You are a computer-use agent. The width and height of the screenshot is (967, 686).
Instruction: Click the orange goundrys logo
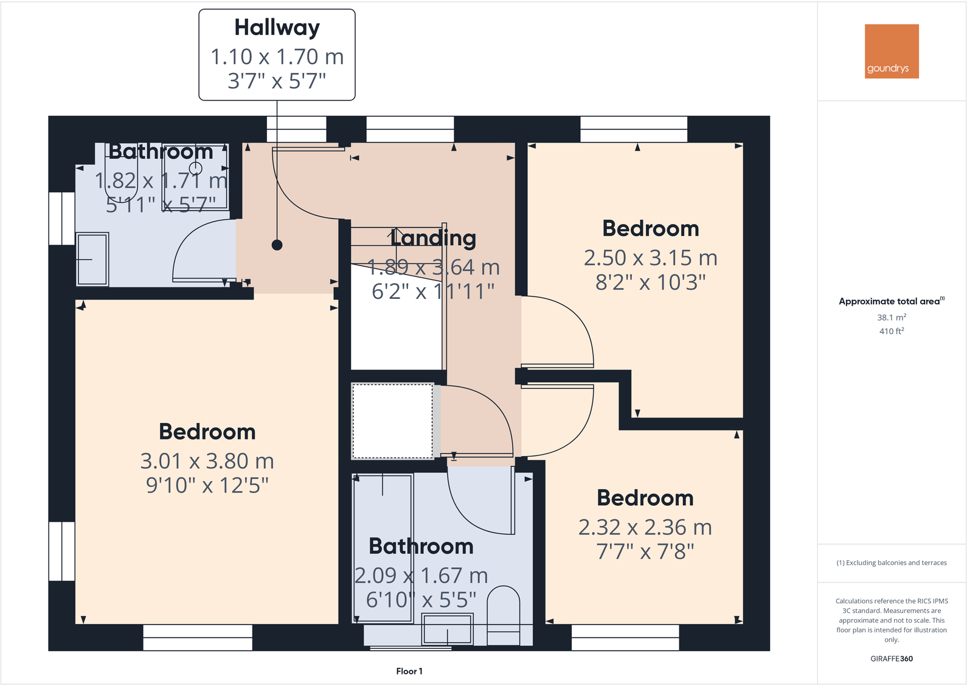pos(892,51)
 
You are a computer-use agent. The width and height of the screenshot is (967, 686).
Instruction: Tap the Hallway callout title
pos(277,28)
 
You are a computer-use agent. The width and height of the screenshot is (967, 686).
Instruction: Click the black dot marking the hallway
pos(277,245)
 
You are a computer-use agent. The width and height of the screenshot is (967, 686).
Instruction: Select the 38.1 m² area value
pos(891,317)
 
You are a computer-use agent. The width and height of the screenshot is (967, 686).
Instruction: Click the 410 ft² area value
pos(891,331)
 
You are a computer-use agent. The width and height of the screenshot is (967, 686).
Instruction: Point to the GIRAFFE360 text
pos(891,659)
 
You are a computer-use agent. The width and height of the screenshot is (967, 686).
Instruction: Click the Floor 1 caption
pos(409,671)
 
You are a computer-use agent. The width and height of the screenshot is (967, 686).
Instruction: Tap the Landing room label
pos(433,238)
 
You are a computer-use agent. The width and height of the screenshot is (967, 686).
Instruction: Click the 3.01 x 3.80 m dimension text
pos(207,461)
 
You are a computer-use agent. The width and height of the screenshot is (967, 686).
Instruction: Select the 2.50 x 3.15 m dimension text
pos(650,258)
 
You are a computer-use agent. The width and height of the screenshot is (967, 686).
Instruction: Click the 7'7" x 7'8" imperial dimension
pos(645,551)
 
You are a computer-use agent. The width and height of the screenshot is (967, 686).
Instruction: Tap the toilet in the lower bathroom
pos(504,612)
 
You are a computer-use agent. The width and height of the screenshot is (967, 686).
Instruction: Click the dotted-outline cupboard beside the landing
pos(392,421)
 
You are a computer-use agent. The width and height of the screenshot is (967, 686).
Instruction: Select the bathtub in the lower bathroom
pos(383,548)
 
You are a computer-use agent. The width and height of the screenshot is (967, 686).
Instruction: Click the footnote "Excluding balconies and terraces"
pos(891,563)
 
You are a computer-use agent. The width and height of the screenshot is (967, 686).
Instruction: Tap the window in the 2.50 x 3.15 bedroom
pos(634,129)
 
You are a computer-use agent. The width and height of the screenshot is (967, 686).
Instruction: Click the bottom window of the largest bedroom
pos(198,638)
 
